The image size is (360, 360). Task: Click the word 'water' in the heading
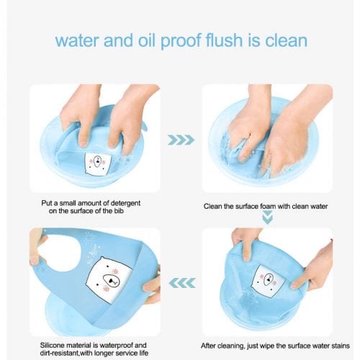pyautogui.click(x=77, y=40)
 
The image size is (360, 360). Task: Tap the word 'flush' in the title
pyautogui.click(x=224, y=40)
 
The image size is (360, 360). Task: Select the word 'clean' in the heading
pyautogui.click(x=286, y=40)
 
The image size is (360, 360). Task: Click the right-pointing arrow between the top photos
pyautogui.click(x=181, y=140)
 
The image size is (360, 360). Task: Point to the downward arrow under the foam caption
pyautogui.click(x=268, y=217)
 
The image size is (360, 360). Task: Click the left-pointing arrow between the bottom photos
pyautogui.click(x=182, y=283)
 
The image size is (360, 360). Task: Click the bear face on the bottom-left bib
pyautogui.click(x=109, y=279)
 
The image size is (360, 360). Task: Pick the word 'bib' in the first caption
pyautogui.click(x=118, y=211)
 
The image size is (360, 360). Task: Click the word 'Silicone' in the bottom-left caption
pyautogui.click(x=53, y=346)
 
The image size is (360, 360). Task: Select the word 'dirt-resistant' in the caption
pyautogui.click(x=59, y=354)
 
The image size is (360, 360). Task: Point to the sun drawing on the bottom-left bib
pyautogui.click(x=90, y=238)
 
